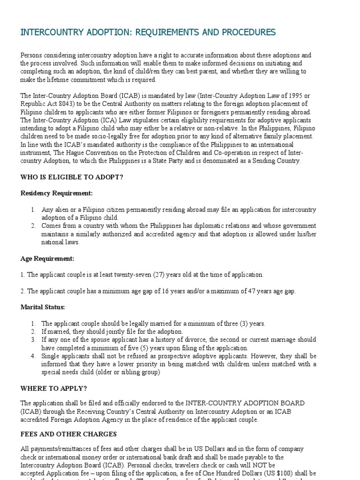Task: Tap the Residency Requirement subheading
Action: [x=56, y=193]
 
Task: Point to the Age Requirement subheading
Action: [x=47, y=258]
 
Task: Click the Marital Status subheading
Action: [x=42, y=307]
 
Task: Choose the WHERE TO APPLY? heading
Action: [x=53, y=389]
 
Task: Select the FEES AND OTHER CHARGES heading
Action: [x=68, y=434]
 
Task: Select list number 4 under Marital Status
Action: [x=33, y=356]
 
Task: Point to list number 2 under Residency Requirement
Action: [x=33, y=226]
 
